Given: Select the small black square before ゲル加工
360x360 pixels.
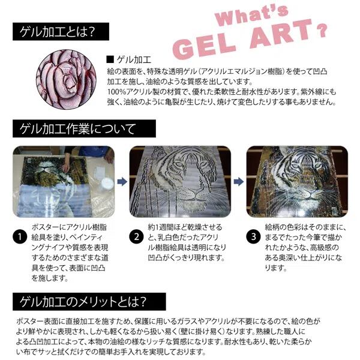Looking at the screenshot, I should point(109,59).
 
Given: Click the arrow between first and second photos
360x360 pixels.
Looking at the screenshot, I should point(122,181).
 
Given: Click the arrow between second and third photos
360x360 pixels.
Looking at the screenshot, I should point(239,181).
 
